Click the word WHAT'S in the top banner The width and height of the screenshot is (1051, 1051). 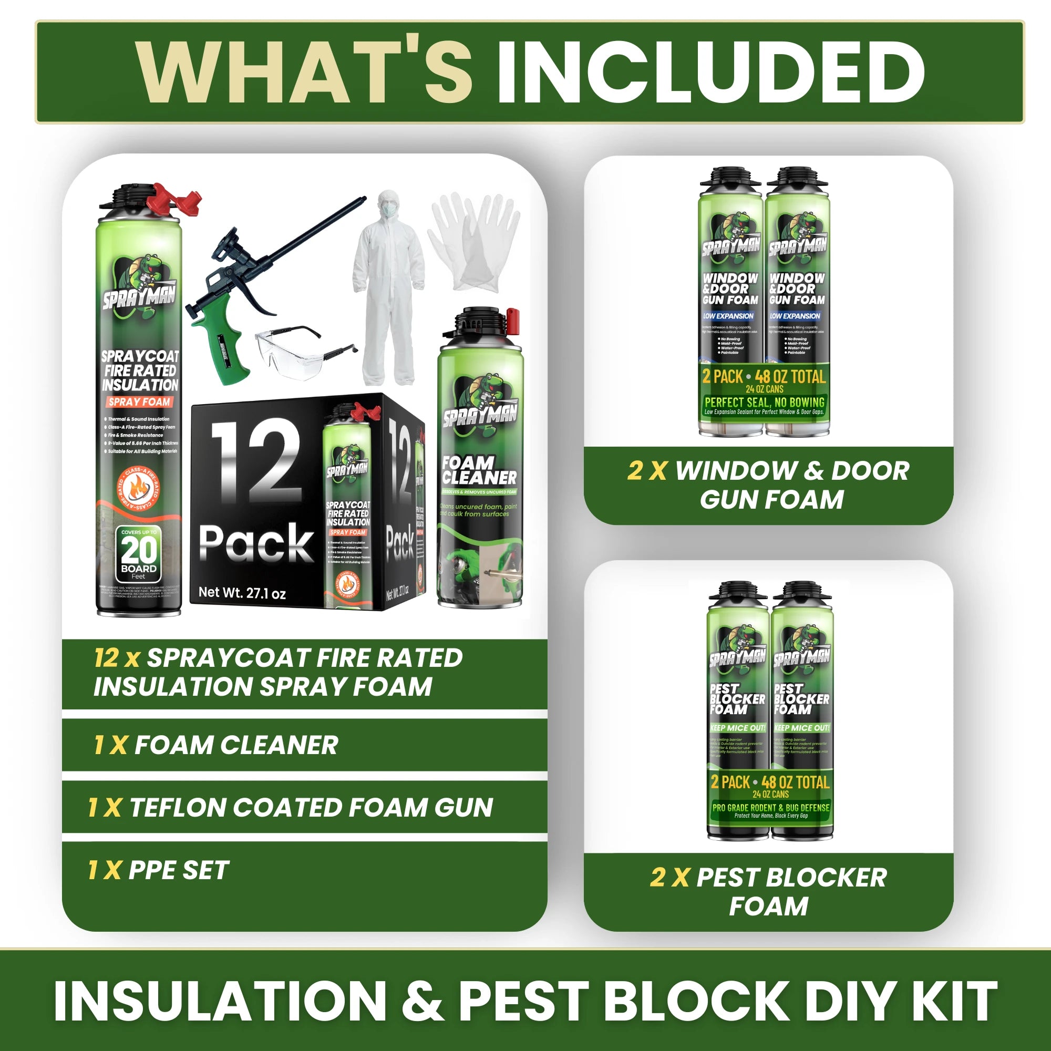[x=305, y=72]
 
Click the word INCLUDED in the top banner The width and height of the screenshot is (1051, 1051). [x=710, y=72]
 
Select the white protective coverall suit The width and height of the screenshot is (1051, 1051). [x=388, y=288]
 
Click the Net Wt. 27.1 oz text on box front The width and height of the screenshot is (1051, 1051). [x=242, y=593]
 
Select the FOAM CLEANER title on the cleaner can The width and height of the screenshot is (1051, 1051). [x=479, y=470]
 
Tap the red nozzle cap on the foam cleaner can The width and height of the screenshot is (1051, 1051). [x=513, y=321]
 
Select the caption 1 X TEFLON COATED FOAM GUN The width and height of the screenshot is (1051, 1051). [x=291, y=807]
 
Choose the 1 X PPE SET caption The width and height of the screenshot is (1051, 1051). [x=158, y=870]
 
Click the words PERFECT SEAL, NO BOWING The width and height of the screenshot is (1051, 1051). [x=764, y=403]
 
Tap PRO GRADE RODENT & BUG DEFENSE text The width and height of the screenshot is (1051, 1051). [x=771, y=808]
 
